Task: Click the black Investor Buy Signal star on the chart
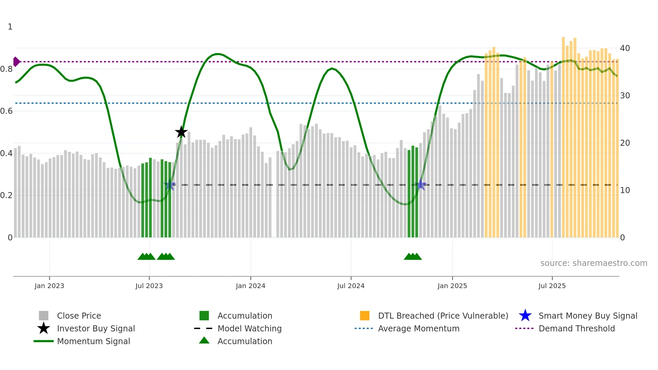[x=181, y=132]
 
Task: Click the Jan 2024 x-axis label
[x=250, y=286]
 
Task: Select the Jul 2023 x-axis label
[x=149, y=286]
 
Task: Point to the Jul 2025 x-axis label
[x=552, y=286]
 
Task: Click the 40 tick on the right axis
[x=625, y=48]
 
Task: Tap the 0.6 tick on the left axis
[x=6, y=111]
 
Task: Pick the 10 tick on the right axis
[x=625, y=190]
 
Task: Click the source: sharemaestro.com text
[x=594, y=263]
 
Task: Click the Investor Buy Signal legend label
[x=96, y=328]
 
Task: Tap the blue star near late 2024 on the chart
[x=421, y=184]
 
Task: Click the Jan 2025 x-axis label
[x=452, y=286]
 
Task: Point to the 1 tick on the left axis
[x=10, y=27]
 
